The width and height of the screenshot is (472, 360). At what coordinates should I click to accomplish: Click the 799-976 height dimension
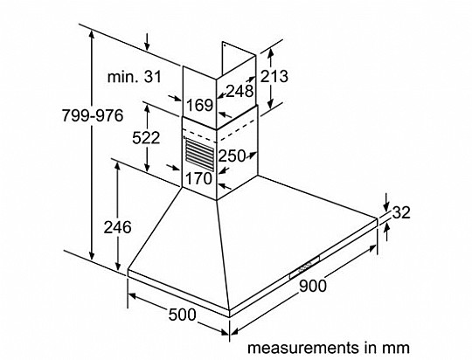pyautogui.click(x=93, y=115)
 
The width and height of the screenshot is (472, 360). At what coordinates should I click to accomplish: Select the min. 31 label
pyautogui.click(x=135, y=77)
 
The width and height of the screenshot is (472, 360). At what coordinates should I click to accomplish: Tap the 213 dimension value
pyautogui.click(x=274, y=76)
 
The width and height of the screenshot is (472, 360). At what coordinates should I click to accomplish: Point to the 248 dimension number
pyautogui.click(x=239, y=91)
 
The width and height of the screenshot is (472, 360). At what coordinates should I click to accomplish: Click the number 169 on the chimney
pyautogui.click(x=200, y=105)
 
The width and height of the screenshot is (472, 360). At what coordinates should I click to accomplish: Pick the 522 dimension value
pyautogui.click(x=146, y=138)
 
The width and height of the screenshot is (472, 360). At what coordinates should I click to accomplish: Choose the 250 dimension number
pyautogui.click(x=232, y=156)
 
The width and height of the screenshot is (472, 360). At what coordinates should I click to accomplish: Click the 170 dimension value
pyautogui.click(x=199, y=178)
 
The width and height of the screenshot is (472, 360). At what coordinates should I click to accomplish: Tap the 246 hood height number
pyautogui.click(x=118, y=227)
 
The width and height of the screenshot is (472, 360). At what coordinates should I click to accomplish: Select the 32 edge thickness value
pyautogui.click(x=401, y=213)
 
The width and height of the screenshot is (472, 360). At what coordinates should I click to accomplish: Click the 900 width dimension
pyautogui.click(x=313, y=286)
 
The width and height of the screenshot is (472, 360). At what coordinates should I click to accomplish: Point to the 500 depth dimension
pyautogui.click(x=182, y=315)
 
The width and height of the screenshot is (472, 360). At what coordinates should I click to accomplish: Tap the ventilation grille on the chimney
pyautogui.click(x=199, y=155)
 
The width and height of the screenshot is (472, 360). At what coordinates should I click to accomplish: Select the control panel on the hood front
pyautogui.click(x=304, y=267)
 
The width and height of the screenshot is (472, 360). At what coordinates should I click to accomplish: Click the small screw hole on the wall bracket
pyautogui.click(x=225, y=45)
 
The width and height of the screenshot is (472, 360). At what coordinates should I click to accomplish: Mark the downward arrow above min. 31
pyautogui.click(x=147, y=42)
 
